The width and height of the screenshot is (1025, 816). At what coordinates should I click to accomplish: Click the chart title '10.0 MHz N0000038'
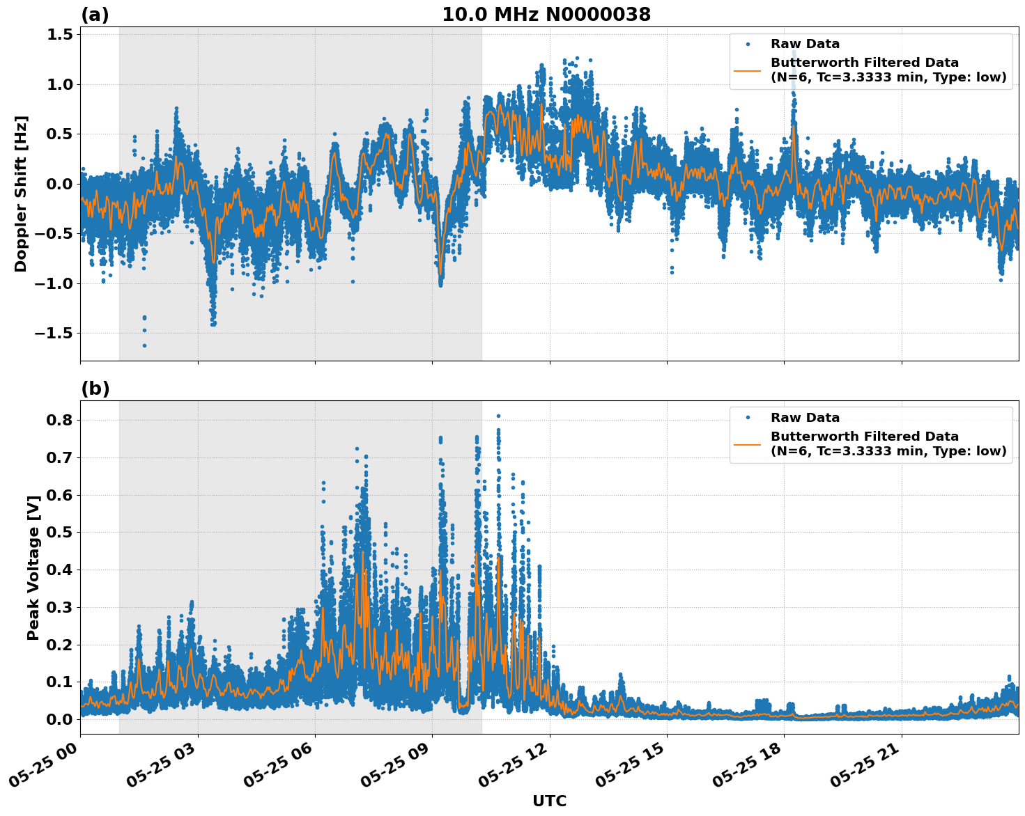pos(546,15)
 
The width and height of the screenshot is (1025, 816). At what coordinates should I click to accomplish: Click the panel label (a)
pos(95,15)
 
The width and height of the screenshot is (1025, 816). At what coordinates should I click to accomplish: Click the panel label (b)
pos(95,389)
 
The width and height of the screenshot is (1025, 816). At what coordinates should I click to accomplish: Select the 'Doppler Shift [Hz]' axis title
pos(21,194)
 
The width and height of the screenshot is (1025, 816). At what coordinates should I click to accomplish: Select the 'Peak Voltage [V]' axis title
pos(33,567)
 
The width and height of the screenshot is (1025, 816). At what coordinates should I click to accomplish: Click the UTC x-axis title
pos(549,801)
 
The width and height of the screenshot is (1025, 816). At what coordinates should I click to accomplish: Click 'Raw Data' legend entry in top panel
pos(805,44)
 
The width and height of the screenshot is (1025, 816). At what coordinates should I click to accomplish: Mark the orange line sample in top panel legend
pos(748,70)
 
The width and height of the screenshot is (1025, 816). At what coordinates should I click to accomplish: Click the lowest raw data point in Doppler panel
pos(144,345)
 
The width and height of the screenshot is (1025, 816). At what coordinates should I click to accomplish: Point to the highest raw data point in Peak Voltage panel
pos(498,416)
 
